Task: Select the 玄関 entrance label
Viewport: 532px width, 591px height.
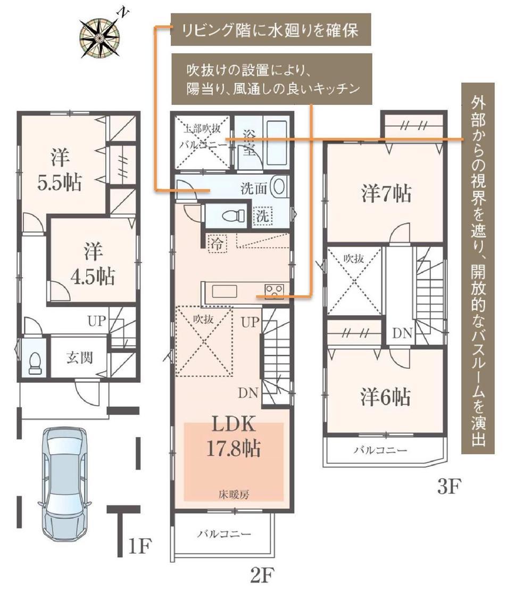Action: click(79, 357)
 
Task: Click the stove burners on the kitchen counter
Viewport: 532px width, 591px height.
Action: click(273, 291)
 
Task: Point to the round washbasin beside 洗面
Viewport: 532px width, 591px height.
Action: click(279, 187)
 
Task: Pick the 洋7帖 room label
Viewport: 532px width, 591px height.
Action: click(386, 194)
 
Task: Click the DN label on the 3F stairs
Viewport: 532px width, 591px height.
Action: click(403, 333)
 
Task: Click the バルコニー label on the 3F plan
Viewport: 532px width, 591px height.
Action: click(380, 450)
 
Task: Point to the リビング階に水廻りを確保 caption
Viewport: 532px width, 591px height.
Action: click(270, 30)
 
